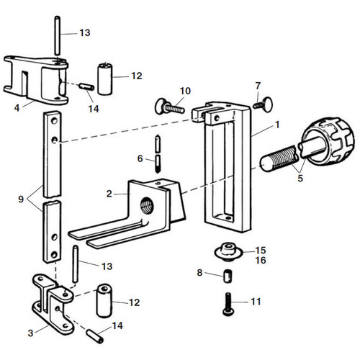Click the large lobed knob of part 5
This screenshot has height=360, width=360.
click(328, 141)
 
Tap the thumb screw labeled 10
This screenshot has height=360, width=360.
click(169, 107)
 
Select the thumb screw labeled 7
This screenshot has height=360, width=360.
click(263, 104)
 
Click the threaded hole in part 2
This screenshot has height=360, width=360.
click(147, 205)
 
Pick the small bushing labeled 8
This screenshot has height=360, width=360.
click(228, 276)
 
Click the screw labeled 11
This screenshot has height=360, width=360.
click(228, 304)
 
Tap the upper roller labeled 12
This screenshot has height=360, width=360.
click(105, 78)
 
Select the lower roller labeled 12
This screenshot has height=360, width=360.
click(104, 301)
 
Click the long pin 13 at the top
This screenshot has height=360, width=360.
click(58, 35)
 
